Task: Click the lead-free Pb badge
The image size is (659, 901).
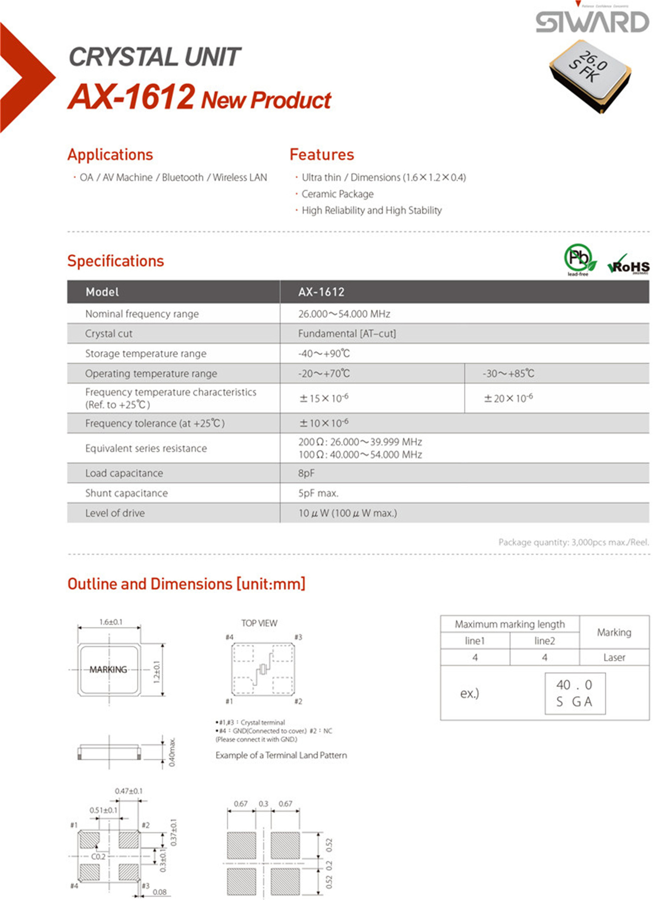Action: click(x=580, y=259)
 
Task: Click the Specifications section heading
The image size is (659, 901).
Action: click(x=116, y=261)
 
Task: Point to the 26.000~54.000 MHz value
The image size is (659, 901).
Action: click(x=344, y=314)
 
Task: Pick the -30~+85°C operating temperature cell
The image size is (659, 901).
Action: click(x=508, y=374)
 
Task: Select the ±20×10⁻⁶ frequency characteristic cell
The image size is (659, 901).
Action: click(x=508, y=398)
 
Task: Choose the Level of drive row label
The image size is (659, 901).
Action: click(x=115, y=513)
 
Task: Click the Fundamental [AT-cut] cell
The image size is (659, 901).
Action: click(x=347, y=334)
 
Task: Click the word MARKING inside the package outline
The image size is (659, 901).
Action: click(x=108, y=670)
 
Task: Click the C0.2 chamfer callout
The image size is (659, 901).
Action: click(x=98, y=857)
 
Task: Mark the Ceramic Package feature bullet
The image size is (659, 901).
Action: click(x=337, y=194)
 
